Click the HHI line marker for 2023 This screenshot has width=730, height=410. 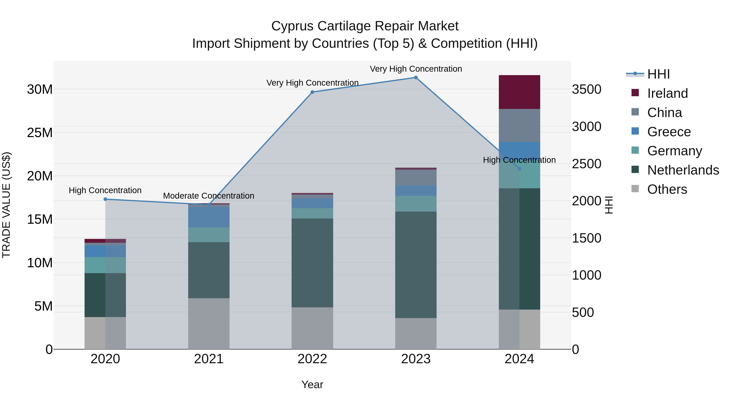pyautogui.click(x=416, y=78)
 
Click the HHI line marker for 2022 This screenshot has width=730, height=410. pyautogui.click(x=312, y=92)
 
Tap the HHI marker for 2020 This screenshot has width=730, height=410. pyautogui.click(x=105, y=199)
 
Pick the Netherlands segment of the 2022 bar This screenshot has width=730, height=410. pyautogui.click(x=312, y=263)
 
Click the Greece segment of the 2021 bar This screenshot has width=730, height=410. pyautogui.click(x=209, y=217)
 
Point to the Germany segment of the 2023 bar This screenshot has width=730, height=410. pyautogui.click(x=416, y=203)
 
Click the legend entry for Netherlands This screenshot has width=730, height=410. pyautogui.click(x=683, y=170)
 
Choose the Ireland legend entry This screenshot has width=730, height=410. pyautogui.click(x=667, y=93)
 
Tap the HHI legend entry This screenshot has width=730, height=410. pyautogui.click(x=658, y=74)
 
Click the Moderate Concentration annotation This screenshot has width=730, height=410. pyautogui.click(x=209, y=196)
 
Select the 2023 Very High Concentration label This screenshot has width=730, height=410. pyautogui.click(x=416, y=69)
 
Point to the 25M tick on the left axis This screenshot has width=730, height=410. pyautogui.click(x=40, y=133)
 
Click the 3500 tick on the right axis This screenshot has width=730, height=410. pyautogui.click(x=586, y=89)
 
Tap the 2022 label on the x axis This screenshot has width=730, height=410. pyautogui.click(x=312, y=359)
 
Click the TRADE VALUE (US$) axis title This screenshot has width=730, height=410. pyautogui.click(x=6, y=205)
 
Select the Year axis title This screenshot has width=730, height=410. pyautogui.click(x=312, y=384)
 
